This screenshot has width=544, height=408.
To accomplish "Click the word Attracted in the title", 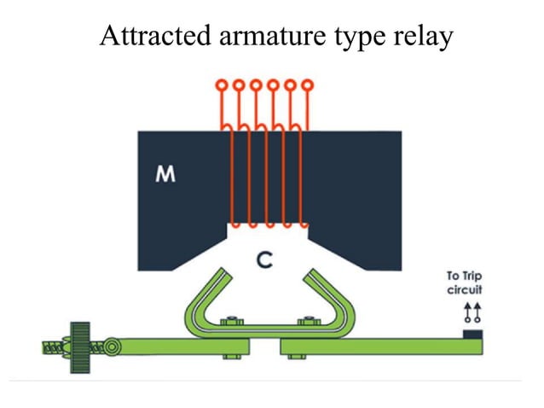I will pyautogui.click(x=145, y=37).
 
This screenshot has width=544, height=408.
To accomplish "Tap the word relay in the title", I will pyautogui.click(x=422, y=37).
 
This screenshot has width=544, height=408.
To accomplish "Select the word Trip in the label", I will pyautogui.click(x=472, y=276).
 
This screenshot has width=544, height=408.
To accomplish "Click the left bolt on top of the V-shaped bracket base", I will pyautogui.click(x=229, y=322).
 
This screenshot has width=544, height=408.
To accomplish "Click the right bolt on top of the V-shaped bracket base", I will pyautogui.click(x=305, y=322).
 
